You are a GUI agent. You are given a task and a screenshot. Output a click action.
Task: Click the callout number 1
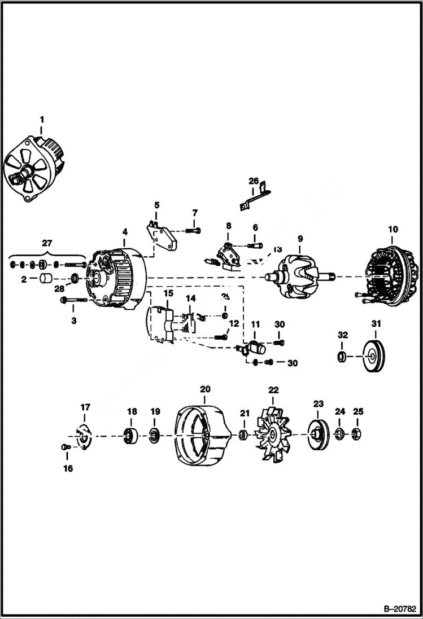41,119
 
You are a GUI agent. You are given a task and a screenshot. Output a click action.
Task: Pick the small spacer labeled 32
342,356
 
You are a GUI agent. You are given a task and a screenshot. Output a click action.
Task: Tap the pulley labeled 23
318,434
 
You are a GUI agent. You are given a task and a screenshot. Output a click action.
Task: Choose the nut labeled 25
357,434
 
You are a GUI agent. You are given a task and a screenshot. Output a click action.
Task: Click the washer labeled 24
339,434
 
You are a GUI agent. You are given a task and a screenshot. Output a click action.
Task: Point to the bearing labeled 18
132,436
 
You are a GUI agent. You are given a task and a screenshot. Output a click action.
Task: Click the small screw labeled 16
64,447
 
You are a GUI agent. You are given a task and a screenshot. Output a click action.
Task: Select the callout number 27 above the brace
46,243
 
